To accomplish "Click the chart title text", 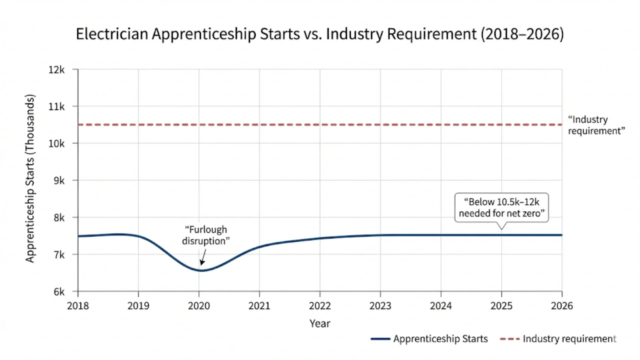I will tap(320, 34).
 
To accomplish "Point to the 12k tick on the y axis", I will tap(56, 70).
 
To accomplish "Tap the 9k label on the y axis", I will tap(59, 180).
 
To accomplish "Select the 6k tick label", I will tap(59, 292).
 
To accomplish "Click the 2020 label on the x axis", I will tap(199, 306).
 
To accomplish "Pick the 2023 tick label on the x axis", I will tap(380, 306).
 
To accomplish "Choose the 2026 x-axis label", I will tap(562, 306).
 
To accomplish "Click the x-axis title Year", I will tap(320, 324).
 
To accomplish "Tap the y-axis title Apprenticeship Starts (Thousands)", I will tap(30, 178).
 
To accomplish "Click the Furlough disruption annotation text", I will tap(206, 235).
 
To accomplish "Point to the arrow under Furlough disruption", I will tap(203, 257).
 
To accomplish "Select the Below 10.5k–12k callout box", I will tap(501, 208).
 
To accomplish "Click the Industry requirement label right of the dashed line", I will tap(596, 125).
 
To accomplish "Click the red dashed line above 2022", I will tap(320, 125).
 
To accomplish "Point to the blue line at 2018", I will tap(79, 236).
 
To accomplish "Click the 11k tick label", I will tap(56, 107).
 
